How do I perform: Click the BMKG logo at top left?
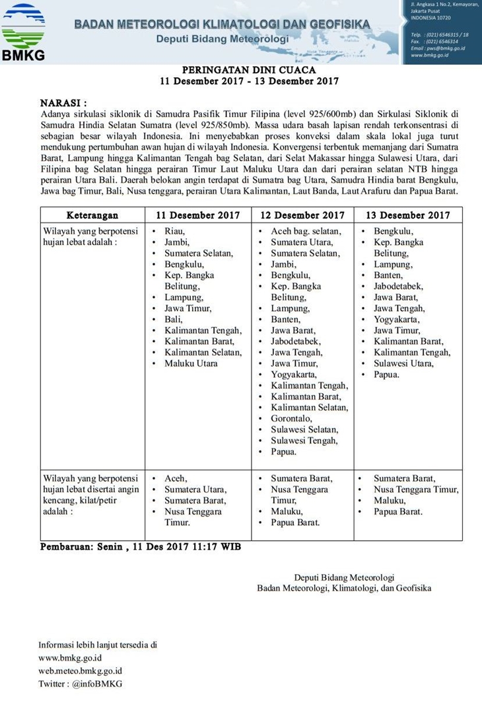click(x=24, y=32)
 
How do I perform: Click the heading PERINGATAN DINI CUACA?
click(x=249, y=69)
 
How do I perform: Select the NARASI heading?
click(x=63, y=104)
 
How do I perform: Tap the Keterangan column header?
click(x=92, y=215)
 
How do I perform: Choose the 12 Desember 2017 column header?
click(x=302, y=215)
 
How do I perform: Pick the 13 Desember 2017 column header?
click(x=407, y=215)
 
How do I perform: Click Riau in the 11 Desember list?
click(x=175, y=231)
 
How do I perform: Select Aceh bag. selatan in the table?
click(x=306, y=231)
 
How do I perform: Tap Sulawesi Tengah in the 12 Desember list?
click(x=304, y=441)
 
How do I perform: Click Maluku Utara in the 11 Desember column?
click(x=191, y=363)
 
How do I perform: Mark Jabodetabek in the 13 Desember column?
click(x=398, y=287)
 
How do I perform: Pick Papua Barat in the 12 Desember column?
click(x=295, y=523)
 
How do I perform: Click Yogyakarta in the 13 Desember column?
click(x=396, y=320)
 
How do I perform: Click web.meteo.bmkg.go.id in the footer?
click(x=80, y=670)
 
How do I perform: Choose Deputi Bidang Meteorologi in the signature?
click(x=344, y=577)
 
